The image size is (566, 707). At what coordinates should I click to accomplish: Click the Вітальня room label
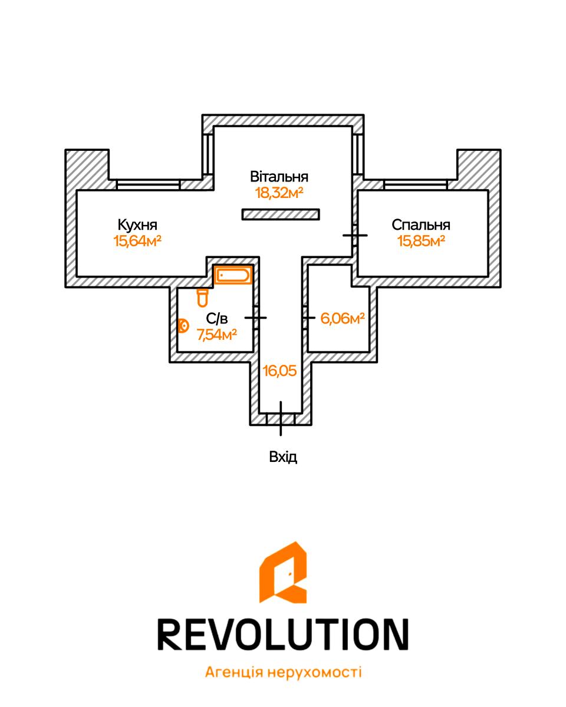(x=279, y=177)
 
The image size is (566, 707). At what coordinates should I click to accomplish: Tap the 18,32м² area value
(x=279, y=193)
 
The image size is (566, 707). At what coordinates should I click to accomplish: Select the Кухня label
(x=137, y=225)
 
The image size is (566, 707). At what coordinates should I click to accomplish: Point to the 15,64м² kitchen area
(x=137, y=241)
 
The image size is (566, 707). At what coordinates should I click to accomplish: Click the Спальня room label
(x=421, y=225)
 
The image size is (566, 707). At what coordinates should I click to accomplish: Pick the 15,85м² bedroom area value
(x=422, y=241)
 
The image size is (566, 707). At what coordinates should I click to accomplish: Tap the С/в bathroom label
(x=217, y=318)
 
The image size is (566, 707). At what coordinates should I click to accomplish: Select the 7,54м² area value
(x=217, y=335)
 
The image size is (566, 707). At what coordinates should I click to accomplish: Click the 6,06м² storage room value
(x=343, y=318)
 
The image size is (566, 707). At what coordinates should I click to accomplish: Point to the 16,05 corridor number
(x=279, y=371)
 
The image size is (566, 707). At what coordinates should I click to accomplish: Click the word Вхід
(x=283, y=457)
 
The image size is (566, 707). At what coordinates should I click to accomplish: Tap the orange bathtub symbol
(x=233, y=275)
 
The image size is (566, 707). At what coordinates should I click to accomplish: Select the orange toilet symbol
(x=202, y=298)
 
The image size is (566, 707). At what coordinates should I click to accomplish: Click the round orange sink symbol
(x=183, y=326)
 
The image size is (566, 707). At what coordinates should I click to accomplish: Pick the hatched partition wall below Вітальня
(x=281, y=214)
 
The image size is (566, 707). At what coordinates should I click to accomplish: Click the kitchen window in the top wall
(x=148, y=184)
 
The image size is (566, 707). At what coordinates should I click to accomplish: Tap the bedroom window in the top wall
(x=416, y=184)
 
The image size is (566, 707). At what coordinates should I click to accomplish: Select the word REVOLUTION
(x=283, y=635)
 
